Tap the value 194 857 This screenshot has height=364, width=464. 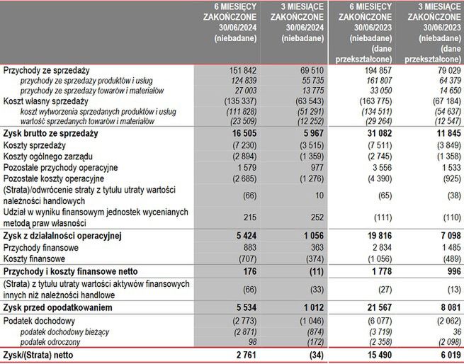click(x=373, y=71)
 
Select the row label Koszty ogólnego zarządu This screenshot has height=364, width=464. click(x=49, y=155)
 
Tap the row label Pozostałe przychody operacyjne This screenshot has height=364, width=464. click(x=60, y=167)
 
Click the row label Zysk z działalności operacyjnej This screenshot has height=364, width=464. click(x=62, y=234)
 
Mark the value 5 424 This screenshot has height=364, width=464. click(x=237, y=234)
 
